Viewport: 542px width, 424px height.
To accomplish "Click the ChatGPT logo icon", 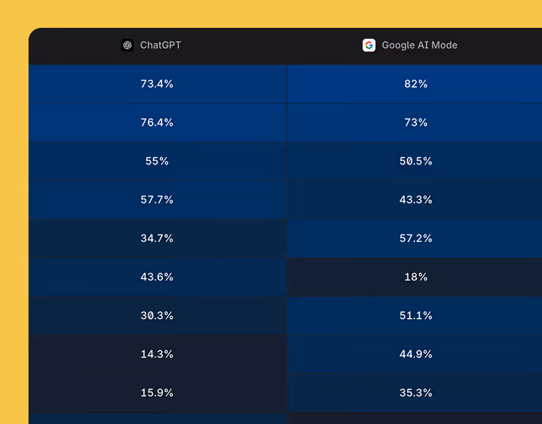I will pos(127,46).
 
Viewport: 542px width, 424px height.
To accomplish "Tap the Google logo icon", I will pos(369,46).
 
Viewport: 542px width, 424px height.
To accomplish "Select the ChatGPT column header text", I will pos(160,46).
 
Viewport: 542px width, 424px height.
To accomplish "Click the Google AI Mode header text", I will pos(419,46).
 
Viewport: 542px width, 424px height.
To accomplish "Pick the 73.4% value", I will pos(157,84).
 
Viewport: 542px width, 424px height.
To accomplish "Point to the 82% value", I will pos(416,84).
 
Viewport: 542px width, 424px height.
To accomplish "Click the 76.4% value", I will pos(157,123).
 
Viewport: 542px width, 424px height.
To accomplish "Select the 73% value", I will pos(416,123).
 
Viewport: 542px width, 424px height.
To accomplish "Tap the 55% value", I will pos(157,162).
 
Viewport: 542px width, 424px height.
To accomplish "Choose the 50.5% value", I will pos(416,162).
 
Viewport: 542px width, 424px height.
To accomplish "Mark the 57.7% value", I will pos(157,200).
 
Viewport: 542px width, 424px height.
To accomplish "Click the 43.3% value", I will pos(416,200).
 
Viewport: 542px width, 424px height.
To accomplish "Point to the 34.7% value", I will pos(157,238).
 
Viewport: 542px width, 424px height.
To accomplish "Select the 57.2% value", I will pos(416,238).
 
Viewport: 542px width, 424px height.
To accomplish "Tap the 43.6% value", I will pos(157,277).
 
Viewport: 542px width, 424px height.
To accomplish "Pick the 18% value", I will pos(416,277).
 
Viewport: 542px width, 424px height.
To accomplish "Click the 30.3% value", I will pos(157,316).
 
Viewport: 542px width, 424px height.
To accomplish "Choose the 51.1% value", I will pos(416,316).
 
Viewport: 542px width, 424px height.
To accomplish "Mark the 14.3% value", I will pos(157,355).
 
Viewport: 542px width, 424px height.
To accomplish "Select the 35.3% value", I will pos(416,393).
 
